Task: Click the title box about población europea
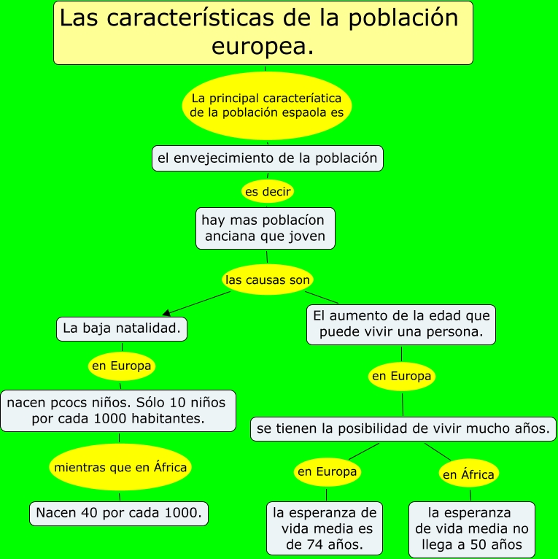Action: pyautogui.click(x=263, y=32)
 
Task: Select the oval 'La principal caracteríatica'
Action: pyautogui.click(x=266, y=105)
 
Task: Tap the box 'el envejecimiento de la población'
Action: pyautogui.click(x=267, y=158)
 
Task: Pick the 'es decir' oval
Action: pyautogui.click(x=268, y=192)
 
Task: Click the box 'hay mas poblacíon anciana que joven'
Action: pyautogui.click(x=266, y=228)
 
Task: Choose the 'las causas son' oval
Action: pyautogui.click(x=268, y=279)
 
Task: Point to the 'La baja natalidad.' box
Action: pyautogui.click(x=122, y=329)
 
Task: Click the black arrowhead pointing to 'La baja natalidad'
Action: pyautogui.click(x=167, y=312)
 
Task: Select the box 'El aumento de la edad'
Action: pyautogui.click(x=400, y=324)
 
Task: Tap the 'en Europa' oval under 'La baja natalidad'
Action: pyautogui.click(x=121, y=366)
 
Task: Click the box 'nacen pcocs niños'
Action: pyautogui.click(x=118, y=410)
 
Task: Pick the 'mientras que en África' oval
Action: pyautogui.click(x=120, y=467)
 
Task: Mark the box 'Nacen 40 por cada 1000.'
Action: pyautogui.click(x=119, y=512)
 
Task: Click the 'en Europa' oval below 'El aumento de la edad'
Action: pyautogui.click(x=402, y=377)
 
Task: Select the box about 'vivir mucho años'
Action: pyautogui.click(x=403, y=429)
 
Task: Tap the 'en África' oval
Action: pyautogui.click(x=468, y=474)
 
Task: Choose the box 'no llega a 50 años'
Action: pyautogui.click(x=471, y=528)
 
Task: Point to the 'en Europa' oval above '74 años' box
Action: pyautogui.click(x=327, y=471)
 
